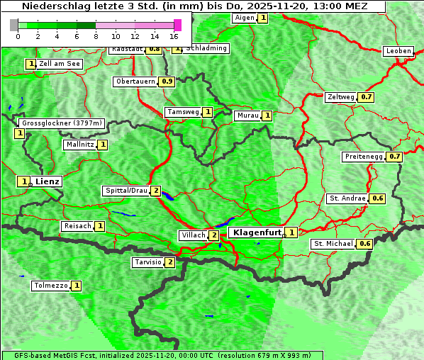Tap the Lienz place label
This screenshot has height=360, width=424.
pyautogui.click(x=48, y=181)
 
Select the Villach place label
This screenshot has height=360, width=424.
pyautogui.click(x=193, y=235)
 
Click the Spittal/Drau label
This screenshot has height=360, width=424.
pyautogui.click(x=126, y=191)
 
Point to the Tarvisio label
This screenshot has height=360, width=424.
pyautogui.click(x=148, y=262)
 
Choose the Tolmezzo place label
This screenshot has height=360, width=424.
pyautogui.click(x=51, y=286)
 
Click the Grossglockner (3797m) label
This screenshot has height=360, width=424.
pyautogui.click(x=62, y=123)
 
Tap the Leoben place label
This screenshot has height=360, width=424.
pyautogui.click(x=398, y=51)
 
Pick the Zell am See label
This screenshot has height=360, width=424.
pyautogui.click(x=60, y=64)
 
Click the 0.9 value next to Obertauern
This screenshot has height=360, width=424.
pyautogui.click(x=167, y=81)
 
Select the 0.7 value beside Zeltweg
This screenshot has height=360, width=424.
pyautogui.click(x=367, y=97)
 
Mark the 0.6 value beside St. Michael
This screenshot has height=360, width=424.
pyautogui.click(x=365, y=244)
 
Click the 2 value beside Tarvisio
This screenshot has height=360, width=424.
pyautogui.click(x=170, y=262)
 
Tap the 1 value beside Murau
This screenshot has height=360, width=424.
pyautogui.click(x=267, y=115)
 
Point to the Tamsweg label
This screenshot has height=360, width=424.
pyautogui.click(x=182, y=112)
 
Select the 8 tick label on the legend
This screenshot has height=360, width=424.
pyautogui.click(x=96, y=36)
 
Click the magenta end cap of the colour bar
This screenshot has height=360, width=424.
pyautogui.click(x=177, y=25)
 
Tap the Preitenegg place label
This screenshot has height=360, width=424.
pyautogui.click(x=364, y=157)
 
